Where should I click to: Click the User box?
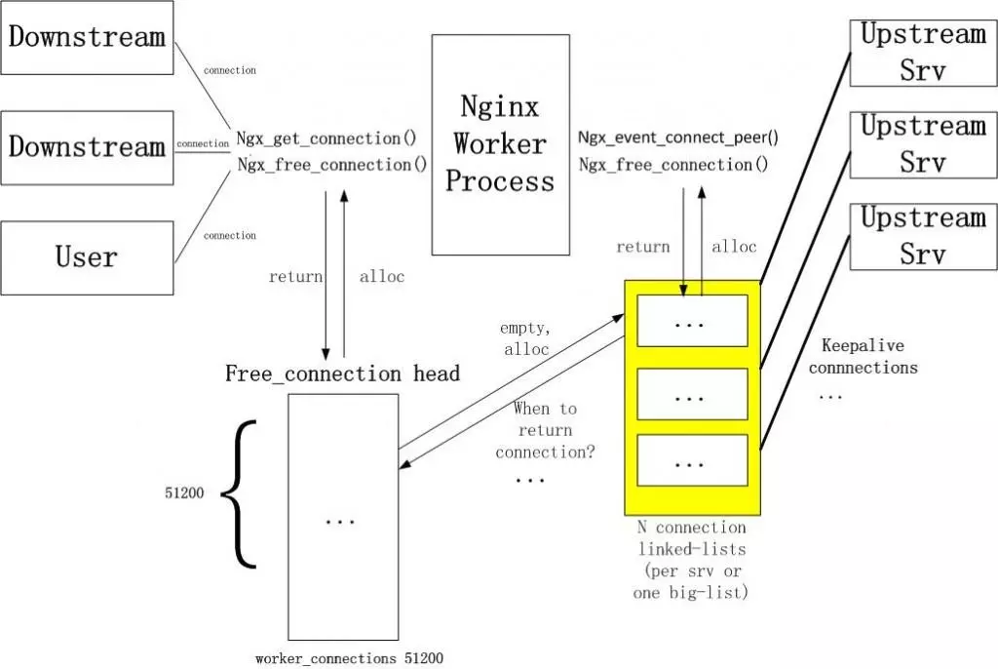pyautogui.click(x=87, y=257)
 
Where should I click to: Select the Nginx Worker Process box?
pyautogui.click(x=500, y=144)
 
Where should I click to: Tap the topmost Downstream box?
pyautogui.click(x=87, y=38)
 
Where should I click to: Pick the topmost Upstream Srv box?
pyautogui.click(x=922, y=53)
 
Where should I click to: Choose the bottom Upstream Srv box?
pyautogui.click(x=922, y=236)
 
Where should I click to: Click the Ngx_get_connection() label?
pyautogui.click(x=326, y=138)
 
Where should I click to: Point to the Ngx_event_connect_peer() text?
pyautogui.click(x=678, y=138)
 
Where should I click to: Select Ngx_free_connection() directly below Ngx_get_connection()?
pyautogui.click(x=332, y=165)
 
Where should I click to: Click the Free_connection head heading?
pyautogui.click(x=342, y=374)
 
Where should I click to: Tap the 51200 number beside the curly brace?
pyautogui.click(x=183, y=493)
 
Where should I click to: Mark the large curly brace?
pyautogui.click(x=239, y=493)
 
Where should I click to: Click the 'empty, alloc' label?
pyautogui.click(x=525, y=338)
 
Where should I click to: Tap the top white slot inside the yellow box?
pyautogui.click(x=691, y=321)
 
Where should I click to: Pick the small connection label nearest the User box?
pyautogui.click(x=230, y=236)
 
